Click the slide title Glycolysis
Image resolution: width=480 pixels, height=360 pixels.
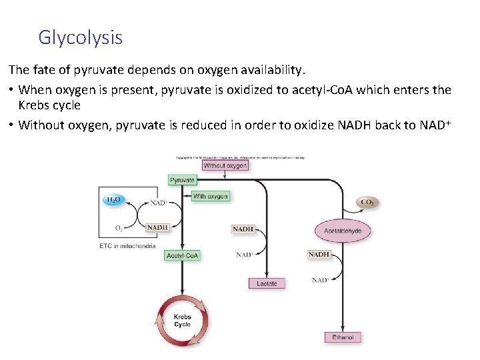click(80, 37)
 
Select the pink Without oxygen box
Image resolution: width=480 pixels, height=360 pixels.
click(225, 165)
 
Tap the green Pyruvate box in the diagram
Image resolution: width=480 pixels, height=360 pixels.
click(183, 180)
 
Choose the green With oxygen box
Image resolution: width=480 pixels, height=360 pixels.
click(210, 196)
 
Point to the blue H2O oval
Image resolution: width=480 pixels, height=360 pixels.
click(114, 200)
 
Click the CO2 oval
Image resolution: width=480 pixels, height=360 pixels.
click(367, 202)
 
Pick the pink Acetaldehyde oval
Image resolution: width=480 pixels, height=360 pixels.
click(343, 231)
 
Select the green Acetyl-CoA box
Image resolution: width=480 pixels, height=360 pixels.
click(183, 255)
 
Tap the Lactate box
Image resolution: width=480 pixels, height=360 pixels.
click(267, 283)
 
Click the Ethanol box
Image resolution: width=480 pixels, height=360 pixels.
click(343, 337)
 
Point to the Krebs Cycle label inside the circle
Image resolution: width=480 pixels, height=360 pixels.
click(183, 321)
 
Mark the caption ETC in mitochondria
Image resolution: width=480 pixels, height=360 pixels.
click(127, 246)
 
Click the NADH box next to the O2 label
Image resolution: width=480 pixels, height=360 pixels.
click(158, 227)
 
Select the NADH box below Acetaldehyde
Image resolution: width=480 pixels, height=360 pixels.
click(319, 254)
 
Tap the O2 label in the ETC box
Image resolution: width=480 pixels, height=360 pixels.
click(119, 228)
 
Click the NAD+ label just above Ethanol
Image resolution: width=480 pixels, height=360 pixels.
click(320, 280)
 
